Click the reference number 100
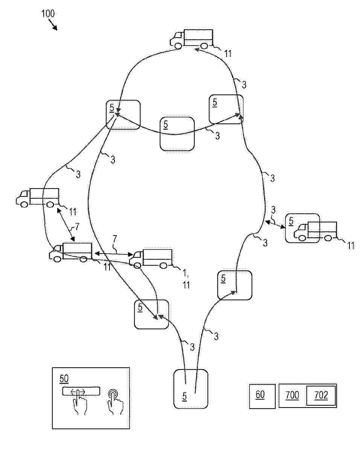pyautogui.click(x=48, y=14)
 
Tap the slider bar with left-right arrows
pyautogui.click(x=81, y=391)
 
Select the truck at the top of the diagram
pyautogui.click(x=192, y=39)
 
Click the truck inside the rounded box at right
pyautogui.click(x=315, y=231)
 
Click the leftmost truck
pyautogui.click(x=38, y=198)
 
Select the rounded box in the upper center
pyautogui.click(x=177, y=134)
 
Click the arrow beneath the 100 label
pyautogui.click(x=53, y=25)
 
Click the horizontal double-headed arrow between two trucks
pyautogui.click(x=114, y=254)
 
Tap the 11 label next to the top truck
pyautogui.click(x=228, y=53)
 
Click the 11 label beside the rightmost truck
pyautogui.click(x=351, y=245)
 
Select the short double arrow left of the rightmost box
pyautogui.click(x=275, y=225)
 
